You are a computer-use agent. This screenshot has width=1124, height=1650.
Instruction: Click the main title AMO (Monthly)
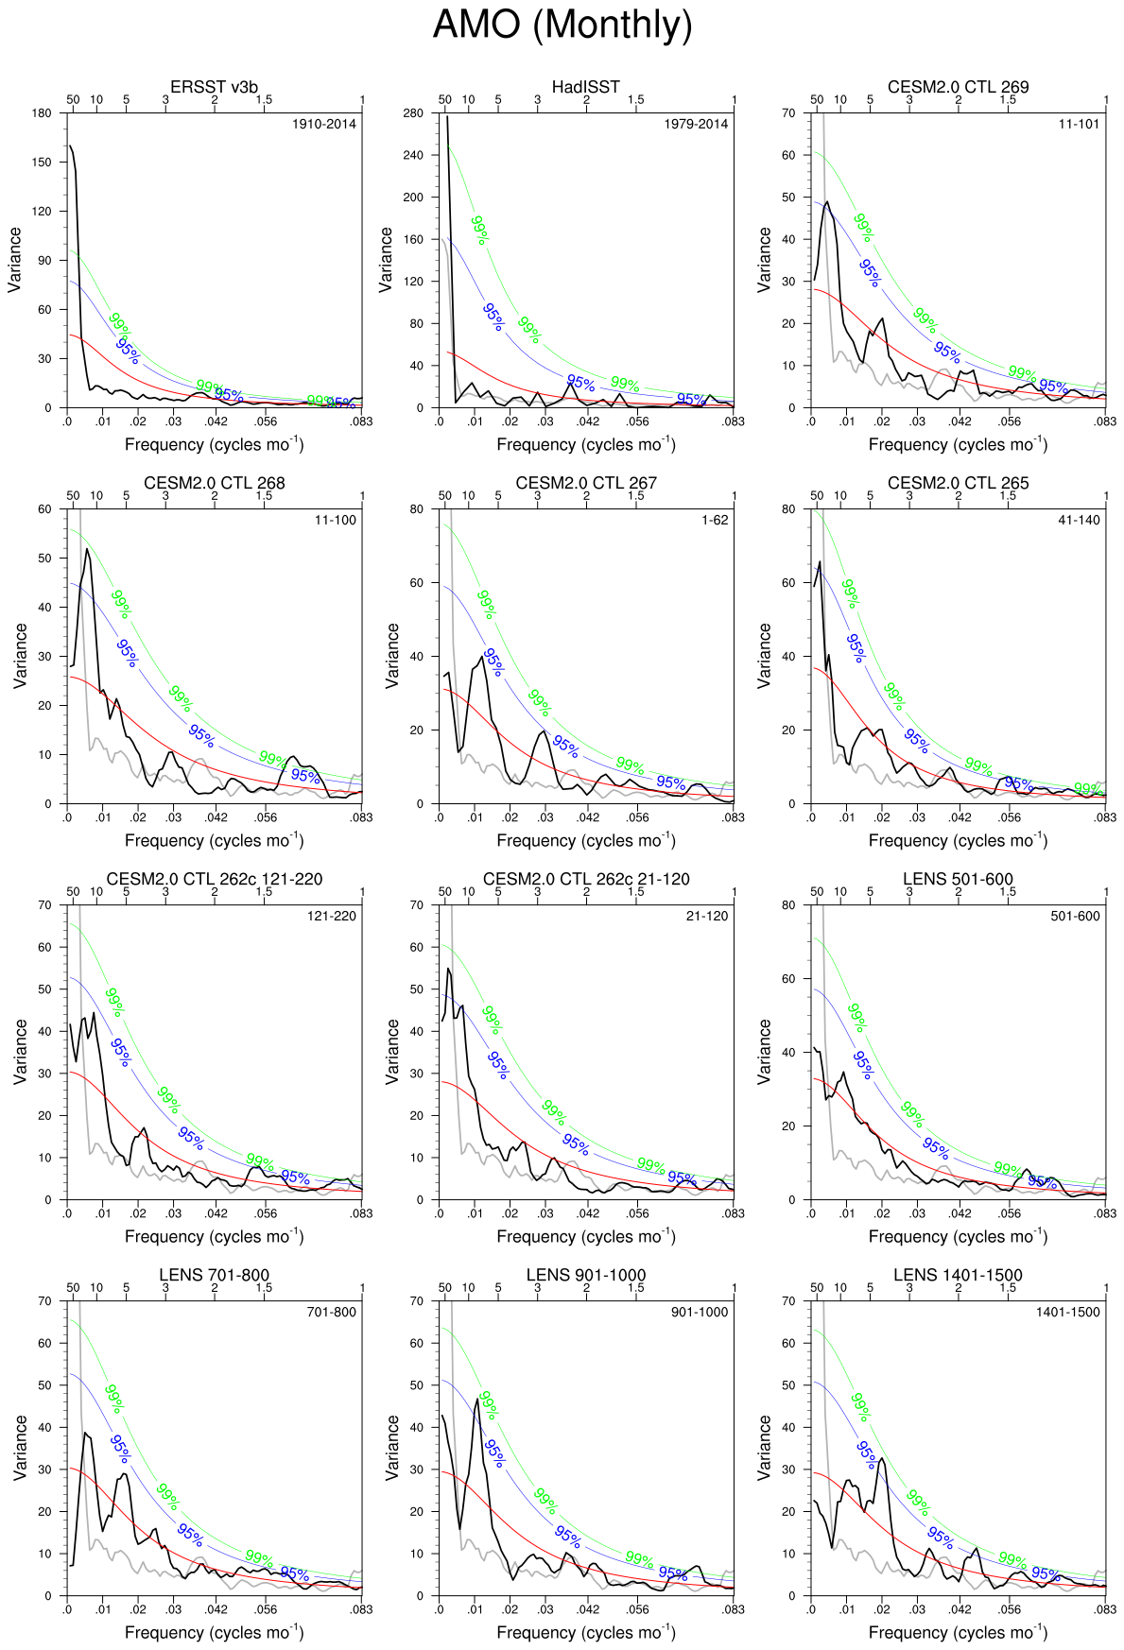point(562,25)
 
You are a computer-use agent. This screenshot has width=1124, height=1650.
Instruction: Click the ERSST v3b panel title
point(214,87)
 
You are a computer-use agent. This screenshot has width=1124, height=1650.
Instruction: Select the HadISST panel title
point(586,87)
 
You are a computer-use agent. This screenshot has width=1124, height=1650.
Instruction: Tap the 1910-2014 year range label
point(324,124)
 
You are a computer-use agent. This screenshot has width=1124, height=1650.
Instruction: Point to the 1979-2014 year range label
point(696,124)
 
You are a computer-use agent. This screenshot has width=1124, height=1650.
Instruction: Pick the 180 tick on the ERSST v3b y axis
point(42,113)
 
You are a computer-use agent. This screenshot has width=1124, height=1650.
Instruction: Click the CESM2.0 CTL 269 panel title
point(958,87)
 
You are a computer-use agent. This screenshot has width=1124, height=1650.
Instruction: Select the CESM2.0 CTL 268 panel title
point(214,483)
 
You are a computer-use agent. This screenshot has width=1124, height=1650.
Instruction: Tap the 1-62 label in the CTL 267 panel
point(715,520)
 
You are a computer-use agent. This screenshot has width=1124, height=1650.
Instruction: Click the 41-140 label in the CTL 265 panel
point(1079,520)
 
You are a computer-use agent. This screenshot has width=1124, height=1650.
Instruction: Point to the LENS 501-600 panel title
point(958,879)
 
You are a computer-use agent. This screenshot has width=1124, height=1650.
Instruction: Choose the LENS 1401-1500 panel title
point(958,1275)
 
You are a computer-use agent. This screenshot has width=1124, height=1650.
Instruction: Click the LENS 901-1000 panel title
point(586,1275)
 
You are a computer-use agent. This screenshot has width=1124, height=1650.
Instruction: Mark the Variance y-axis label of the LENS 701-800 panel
point(20,1447)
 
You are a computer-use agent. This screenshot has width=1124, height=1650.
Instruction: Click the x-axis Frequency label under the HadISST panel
point(586,444)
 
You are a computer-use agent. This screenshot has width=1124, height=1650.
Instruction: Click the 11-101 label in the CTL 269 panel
point(1079,124)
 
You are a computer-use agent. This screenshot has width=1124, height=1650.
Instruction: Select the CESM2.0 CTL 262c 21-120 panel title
point(586,879)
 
